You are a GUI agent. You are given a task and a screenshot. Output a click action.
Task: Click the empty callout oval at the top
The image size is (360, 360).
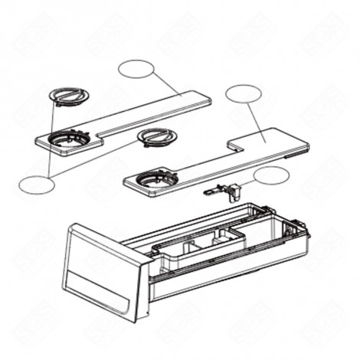[136, 69]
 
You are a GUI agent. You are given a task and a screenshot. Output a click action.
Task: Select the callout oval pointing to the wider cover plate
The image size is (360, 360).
[244, 94]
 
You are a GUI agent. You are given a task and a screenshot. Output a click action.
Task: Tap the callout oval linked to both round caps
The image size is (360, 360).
[35, 184]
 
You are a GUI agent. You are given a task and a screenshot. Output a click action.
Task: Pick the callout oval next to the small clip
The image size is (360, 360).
[271, 175]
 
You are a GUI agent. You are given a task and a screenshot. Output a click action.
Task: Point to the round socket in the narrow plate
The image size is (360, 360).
[67, 140]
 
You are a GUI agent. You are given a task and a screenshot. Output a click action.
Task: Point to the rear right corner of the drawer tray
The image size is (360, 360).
[303, 222]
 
